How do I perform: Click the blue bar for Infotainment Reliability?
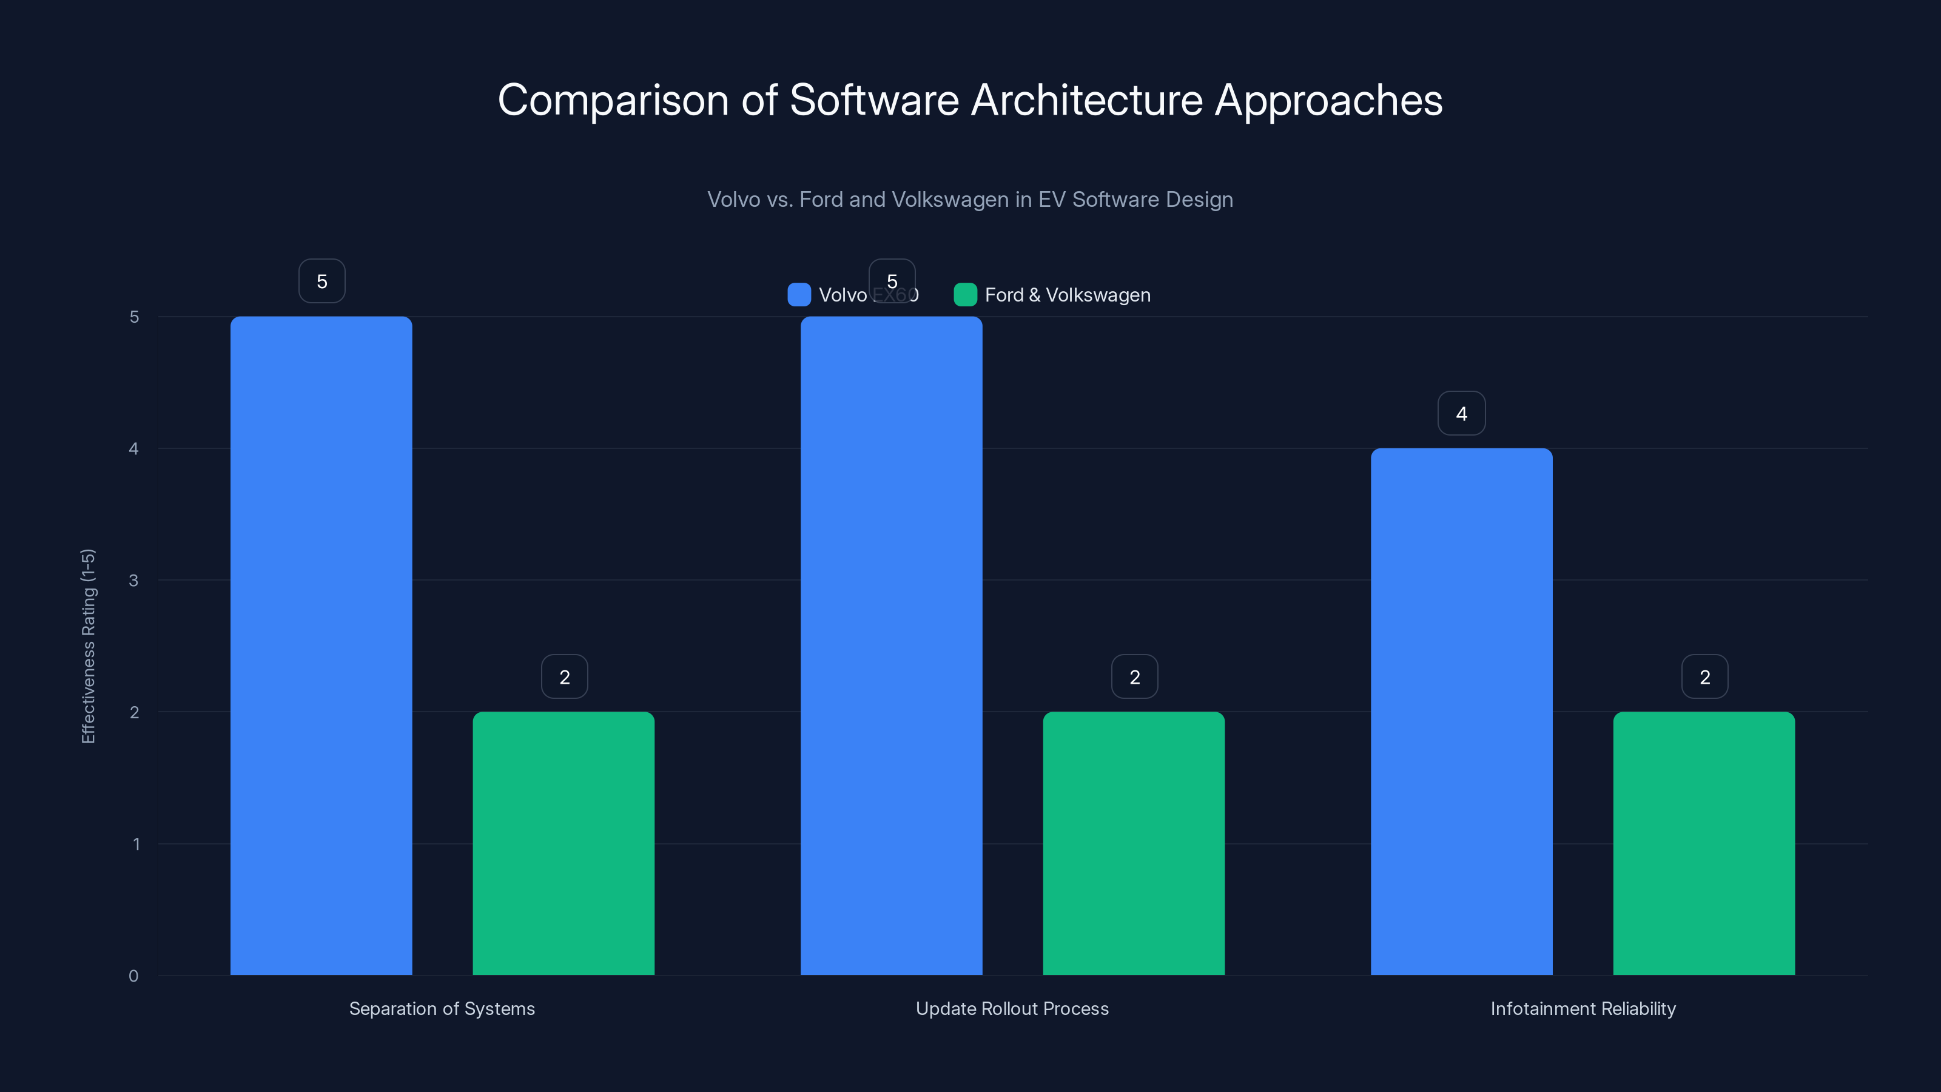(x=1461, y=712)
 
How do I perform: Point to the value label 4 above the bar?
(x=1461, y=414)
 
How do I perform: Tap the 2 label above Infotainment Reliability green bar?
(x=1704, y=677)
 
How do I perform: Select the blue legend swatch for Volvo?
(x=799, y=295)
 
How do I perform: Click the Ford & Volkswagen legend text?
(x=1067, y=295)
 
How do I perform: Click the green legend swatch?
(x=965, y=295)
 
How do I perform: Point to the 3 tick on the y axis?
(x=133, y=581)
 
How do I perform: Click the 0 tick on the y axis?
(x=133, y=976)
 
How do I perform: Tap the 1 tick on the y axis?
(x=136, y=844)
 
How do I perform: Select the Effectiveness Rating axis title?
(x=88, y=646)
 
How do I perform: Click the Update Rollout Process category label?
(x=1012, y=1008)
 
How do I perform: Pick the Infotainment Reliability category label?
(x=1583, y=1008)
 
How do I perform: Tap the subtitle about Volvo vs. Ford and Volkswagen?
(x=970, y=200)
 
